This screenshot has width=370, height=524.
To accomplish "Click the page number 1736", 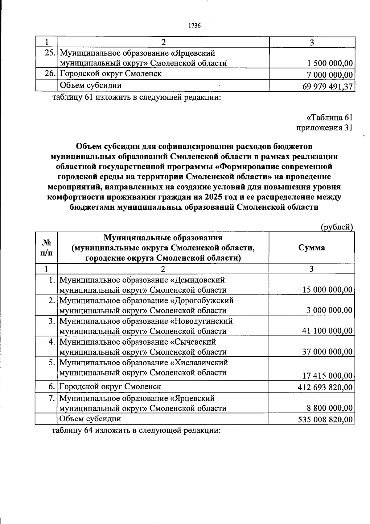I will tap(194, 26).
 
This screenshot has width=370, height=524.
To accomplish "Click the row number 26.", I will tap(50, 74).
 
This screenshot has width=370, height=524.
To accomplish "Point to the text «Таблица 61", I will tap(329, 118).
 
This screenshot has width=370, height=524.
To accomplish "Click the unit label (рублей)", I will tap(337, 227).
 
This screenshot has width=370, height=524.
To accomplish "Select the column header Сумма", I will tap(311, 248).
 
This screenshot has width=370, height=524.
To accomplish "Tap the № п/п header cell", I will tap(46, 248).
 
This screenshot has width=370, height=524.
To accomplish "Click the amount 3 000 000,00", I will tap(329, 310).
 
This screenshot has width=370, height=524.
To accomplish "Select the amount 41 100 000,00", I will tap(327, 331).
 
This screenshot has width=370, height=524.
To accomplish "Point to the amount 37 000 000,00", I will tap(327, 352).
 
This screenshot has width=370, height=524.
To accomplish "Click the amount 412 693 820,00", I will tap(325, 387).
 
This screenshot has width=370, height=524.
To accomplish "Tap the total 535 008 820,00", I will tap(325, 420).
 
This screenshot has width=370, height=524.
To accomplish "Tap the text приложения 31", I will tap(324, 128).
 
